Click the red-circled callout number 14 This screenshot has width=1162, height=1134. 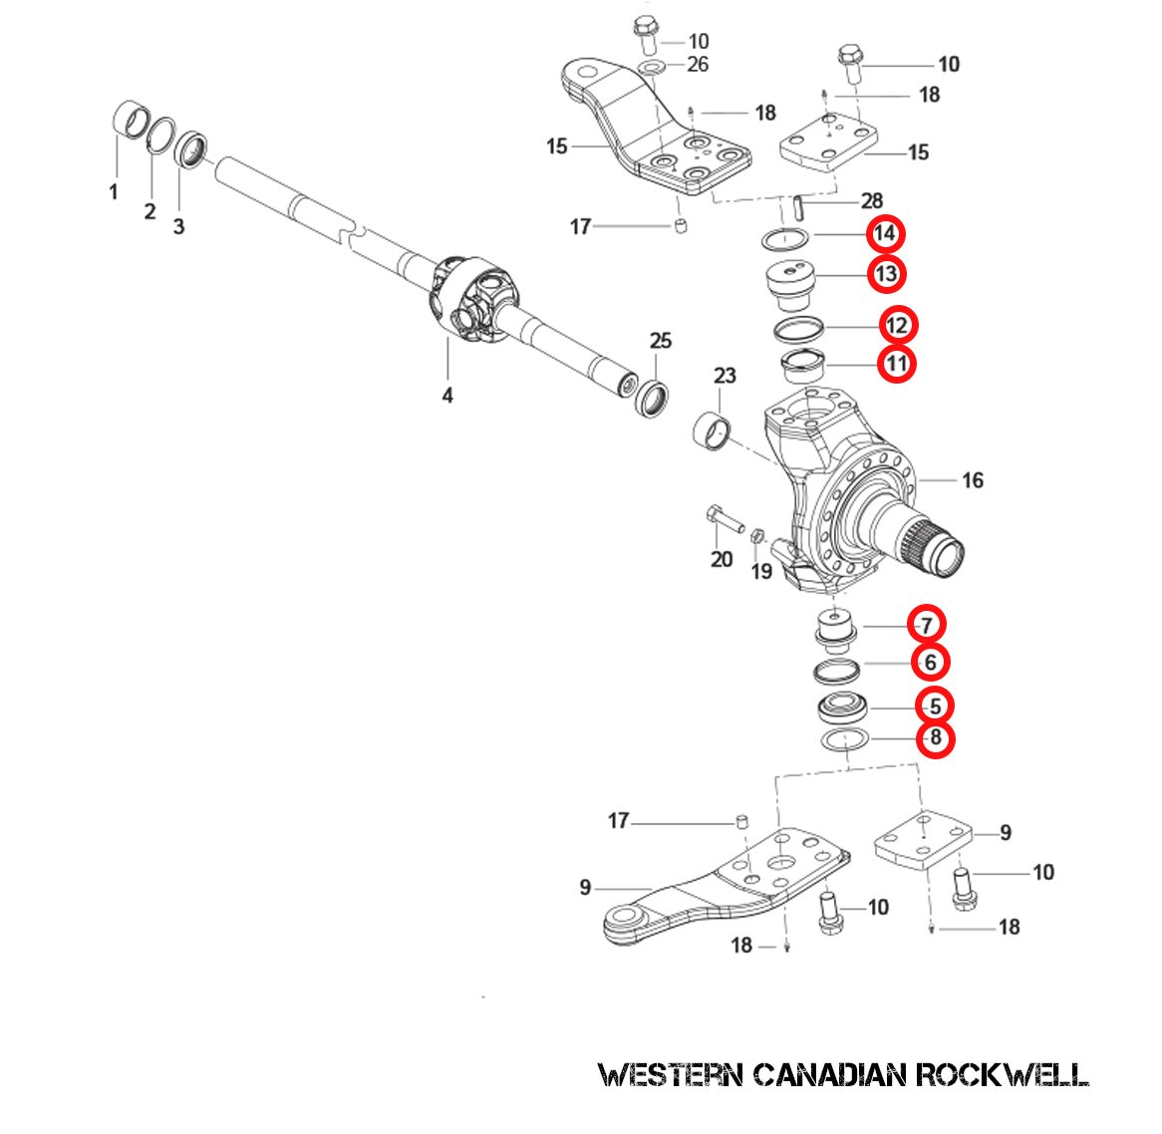[x=884, y=234]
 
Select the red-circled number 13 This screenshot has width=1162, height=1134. [x=885, y=274]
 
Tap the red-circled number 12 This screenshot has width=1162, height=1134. [x=897, y=325]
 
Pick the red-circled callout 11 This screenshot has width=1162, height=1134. [x=897, y=363]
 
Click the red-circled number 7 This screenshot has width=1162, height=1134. [x=927, y=625]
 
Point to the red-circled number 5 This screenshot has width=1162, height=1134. [x=935, y=706]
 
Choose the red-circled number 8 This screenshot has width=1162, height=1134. [x=935, y=738]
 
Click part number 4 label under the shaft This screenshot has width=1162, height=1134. [x=447, y=396]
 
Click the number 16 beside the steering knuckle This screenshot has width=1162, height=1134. [x=973, y=480]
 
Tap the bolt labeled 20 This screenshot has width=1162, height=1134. [x=726, y=519]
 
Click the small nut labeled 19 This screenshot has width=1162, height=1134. [x=757, y=537]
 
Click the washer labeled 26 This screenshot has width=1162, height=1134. [x=653, y=68]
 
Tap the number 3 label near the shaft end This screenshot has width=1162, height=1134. [x=178, y=226]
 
